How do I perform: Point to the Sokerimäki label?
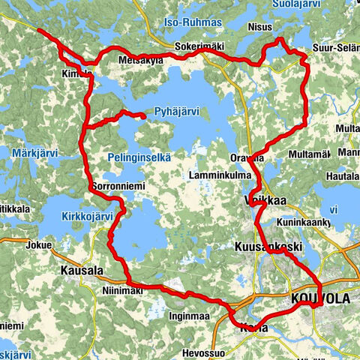199,46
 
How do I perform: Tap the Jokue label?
37,244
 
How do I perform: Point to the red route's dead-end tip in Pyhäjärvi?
142,116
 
